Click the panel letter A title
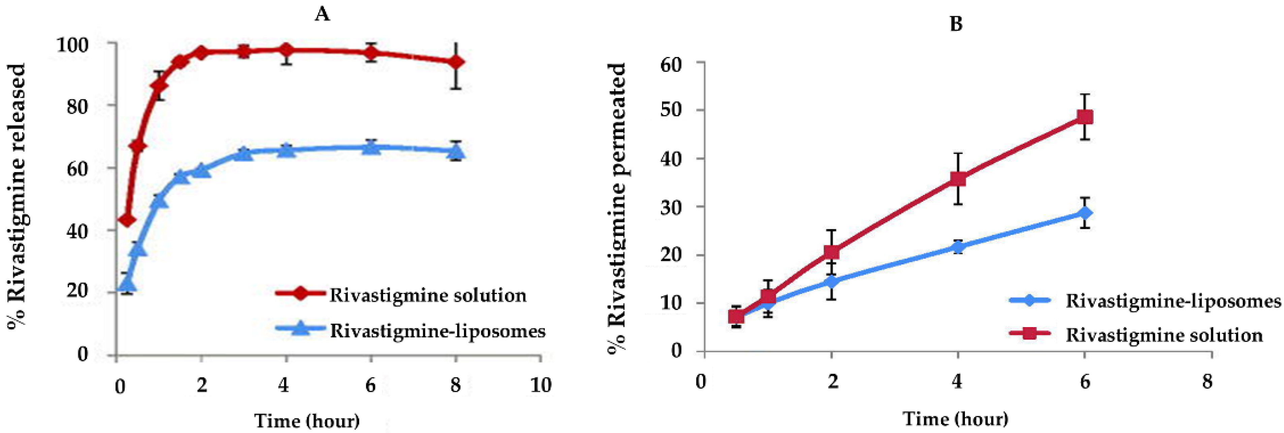(x=322, y=15)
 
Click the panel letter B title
(x=956, y=24)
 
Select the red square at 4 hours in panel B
(x=958, y=179)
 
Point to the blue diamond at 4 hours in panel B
(x=958, y=247)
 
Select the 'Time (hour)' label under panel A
(x=307, y=421)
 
